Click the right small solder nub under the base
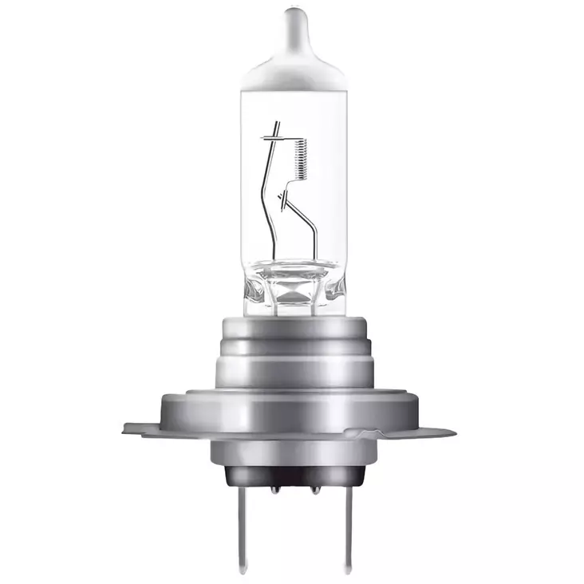315,487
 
